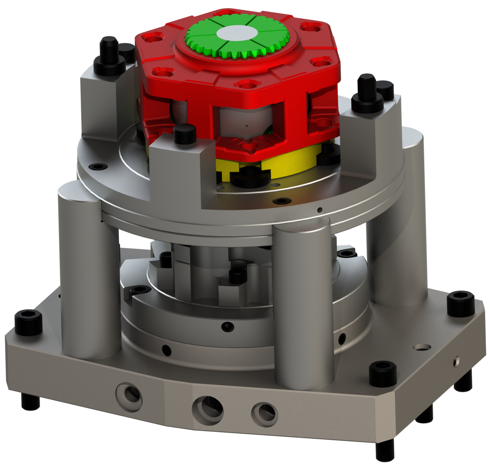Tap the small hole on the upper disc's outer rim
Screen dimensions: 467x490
[320, 210]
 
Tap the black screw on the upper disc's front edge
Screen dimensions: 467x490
[280, 201]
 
